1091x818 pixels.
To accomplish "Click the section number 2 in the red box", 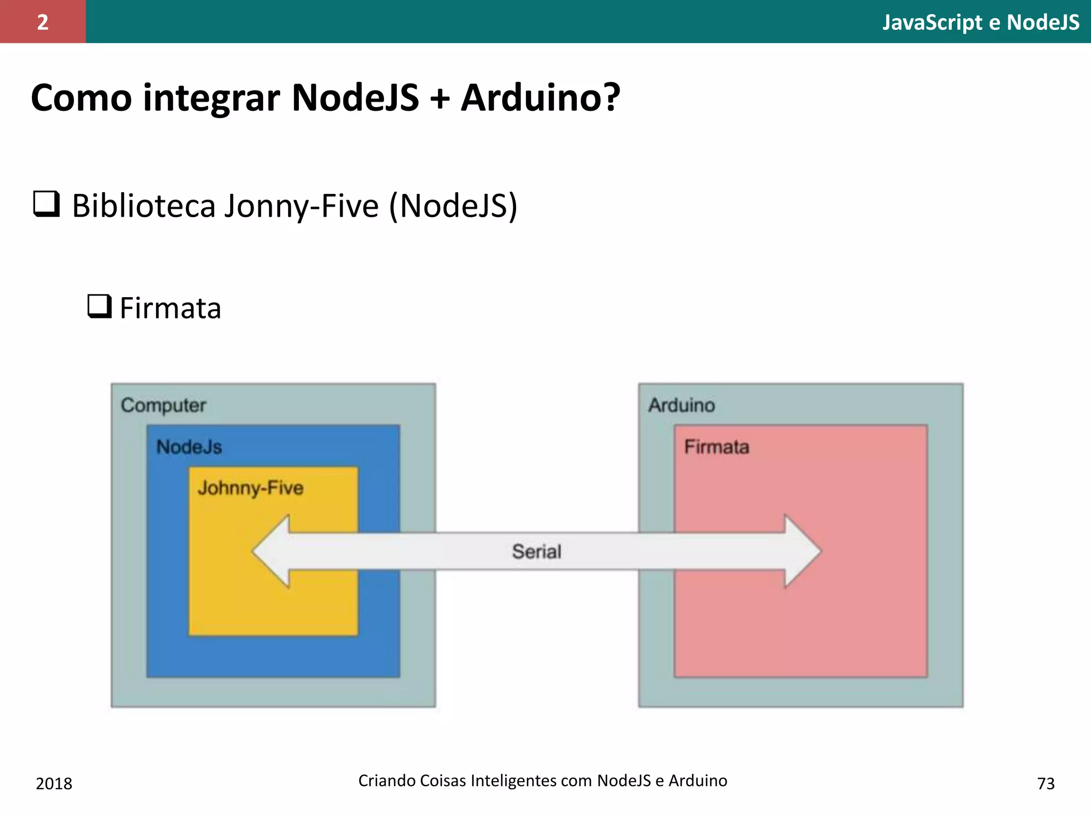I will pos(43,22).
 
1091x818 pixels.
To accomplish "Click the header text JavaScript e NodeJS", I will pos(981,22).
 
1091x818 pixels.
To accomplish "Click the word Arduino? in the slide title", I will pos(540,98).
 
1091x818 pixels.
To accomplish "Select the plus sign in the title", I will pos(439,99).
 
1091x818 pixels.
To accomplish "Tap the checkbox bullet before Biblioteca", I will pos(46,204).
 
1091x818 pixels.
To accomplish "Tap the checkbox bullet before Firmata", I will pos(99,306).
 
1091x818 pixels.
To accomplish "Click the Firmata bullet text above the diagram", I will pos(170,308).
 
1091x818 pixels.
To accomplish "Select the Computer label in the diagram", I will pos(163,405).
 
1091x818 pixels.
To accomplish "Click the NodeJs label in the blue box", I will pos(189,447).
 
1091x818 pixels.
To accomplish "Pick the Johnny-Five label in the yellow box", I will pos(250,488).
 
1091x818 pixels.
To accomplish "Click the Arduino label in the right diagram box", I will pos(681,405).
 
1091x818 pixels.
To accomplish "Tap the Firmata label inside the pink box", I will pos(717,447).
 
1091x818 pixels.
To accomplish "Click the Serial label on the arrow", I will pos(536,552).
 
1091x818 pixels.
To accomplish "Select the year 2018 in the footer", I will pos(54,783).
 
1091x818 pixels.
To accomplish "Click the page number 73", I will pos(1046,783).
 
